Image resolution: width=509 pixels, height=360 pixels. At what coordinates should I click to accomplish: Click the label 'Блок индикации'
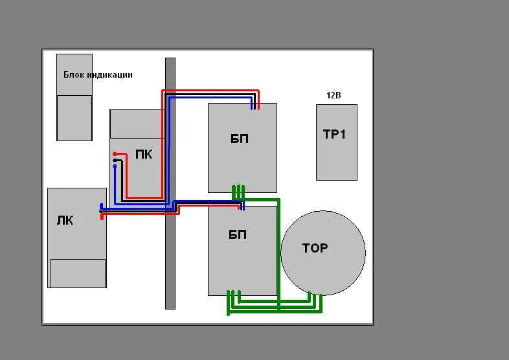click(98, 75)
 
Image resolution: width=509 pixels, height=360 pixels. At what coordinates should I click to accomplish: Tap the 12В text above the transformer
click(334, 95)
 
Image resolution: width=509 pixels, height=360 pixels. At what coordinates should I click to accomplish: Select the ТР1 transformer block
click(336, 142)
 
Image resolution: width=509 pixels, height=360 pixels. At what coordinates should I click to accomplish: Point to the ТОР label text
click(315, 248)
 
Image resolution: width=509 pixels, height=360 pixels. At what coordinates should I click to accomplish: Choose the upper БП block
click(242, 148)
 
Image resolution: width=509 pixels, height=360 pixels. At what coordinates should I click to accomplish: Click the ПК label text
click(144, 154)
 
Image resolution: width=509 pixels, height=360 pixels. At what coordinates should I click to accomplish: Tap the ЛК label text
click(65, 220)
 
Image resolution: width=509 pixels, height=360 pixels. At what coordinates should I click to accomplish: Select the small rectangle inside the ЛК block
click(78, 273)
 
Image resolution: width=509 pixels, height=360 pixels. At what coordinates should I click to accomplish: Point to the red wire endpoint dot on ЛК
click(102, 218)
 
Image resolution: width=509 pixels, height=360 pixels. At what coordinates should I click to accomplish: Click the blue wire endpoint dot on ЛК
click(101, 206)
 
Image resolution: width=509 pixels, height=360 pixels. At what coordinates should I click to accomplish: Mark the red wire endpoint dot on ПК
click(115, 154)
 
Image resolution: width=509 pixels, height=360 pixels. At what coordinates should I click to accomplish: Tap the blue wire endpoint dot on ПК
click(115, 166)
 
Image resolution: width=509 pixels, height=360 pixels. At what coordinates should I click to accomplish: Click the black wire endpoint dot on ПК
click(115, 160)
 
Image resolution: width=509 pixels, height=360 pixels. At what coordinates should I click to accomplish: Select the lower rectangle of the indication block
click(74, 117)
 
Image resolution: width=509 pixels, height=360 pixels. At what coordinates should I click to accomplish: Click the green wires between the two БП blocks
click(238, 192)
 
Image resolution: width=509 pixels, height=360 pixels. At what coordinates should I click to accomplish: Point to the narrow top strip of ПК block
click(137, 124)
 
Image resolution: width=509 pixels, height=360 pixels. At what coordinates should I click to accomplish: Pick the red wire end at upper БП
click(258, 106)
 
